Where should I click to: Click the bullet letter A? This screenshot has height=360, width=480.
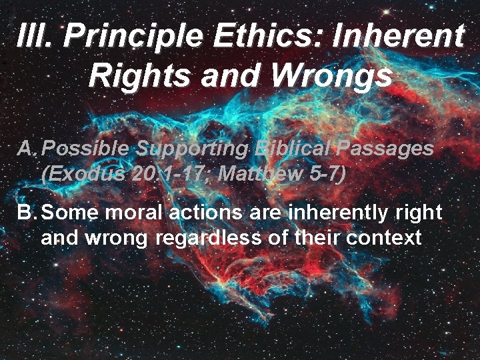tap(27, 148)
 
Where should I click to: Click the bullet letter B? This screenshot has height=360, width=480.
tap(27, 213)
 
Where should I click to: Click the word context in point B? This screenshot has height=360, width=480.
tap(383, 238)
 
